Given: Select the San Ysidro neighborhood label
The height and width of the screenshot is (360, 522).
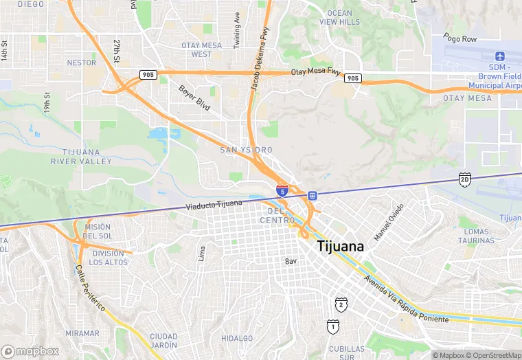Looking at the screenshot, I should pos(246,150).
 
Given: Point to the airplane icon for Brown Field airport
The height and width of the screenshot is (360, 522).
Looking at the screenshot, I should pos(499,56).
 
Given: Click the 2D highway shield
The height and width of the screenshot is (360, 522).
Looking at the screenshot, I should pos(465,179).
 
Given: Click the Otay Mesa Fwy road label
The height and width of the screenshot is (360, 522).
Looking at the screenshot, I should pos(315,71).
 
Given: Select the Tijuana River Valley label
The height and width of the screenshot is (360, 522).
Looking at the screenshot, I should pos(81,157).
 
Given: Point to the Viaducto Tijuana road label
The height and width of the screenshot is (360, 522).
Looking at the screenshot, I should pos(214,205).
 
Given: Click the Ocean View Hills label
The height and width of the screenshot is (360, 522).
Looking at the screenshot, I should pos(339,18).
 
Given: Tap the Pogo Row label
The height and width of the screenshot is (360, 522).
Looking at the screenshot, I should pos(459,39).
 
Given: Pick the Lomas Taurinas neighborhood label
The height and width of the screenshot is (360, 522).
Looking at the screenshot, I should pos(476,236).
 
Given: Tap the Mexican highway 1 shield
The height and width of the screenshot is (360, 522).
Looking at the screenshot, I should pos(332,327).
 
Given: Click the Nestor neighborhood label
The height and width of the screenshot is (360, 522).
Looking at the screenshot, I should pos(82,63).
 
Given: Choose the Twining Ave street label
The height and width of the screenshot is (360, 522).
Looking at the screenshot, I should pos(237,29).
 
